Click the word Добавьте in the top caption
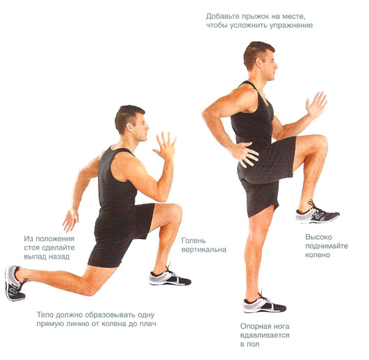point(223,17)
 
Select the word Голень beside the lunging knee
point(194,241)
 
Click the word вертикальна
point(204,249)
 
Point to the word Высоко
point(318,237)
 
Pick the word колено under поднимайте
point(318,255)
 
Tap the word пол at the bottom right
point(253,345)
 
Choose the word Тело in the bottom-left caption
point(44,315)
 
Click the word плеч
point(148,324)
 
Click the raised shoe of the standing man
point(317,213)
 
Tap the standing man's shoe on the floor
point(264,303)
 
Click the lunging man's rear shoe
point(15,283)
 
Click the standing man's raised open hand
point(316,105)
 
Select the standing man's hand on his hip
point(244,154)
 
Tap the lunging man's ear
point(129,127)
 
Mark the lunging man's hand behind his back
point(70,220)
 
